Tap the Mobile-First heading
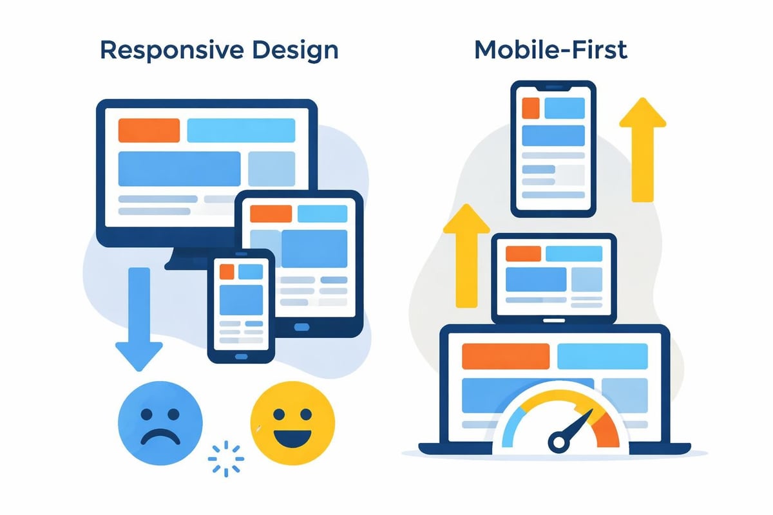point(551,50)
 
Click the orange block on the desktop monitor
point(149,131)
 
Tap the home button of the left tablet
point(301,327)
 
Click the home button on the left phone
point(241,356)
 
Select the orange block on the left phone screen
point(227,272)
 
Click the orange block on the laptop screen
point(506,356)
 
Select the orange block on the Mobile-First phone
point(531,108)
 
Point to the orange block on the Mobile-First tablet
point(522,254)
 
